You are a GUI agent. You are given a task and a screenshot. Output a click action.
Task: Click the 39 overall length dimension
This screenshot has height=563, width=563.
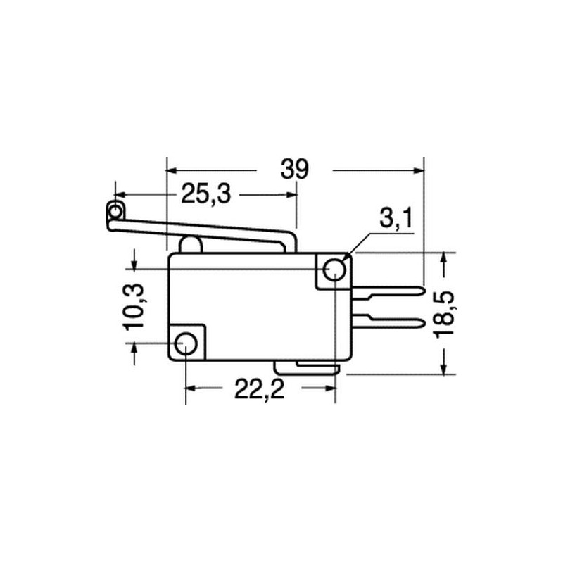[294, 170]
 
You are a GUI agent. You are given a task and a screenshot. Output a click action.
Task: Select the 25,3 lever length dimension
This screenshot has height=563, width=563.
[205, 194]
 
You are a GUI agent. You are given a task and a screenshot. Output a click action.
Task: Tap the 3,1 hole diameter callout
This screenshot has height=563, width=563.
[396, 218]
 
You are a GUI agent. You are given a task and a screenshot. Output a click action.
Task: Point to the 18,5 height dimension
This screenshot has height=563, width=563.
[444, 314]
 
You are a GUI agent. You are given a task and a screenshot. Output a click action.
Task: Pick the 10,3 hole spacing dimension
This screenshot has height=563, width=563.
[134, 306]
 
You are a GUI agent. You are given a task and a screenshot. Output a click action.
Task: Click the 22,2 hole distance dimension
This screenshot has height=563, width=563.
[259, 389]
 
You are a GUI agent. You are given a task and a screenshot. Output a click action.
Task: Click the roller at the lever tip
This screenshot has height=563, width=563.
[115, 211]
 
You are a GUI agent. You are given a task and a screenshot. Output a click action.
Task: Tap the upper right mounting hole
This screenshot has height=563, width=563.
[334, 270]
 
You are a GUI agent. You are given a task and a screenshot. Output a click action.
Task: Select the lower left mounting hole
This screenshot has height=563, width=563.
[186, 343]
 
